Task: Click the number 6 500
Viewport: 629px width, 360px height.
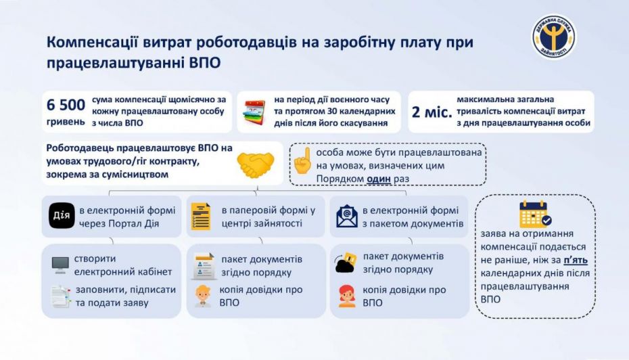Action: coord(66,105)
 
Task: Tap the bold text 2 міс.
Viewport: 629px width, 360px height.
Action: coord(431,111)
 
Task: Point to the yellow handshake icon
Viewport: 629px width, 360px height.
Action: coord(255,162)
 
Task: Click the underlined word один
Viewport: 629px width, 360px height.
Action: coord(379,178)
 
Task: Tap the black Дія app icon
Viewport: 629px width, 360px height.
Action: coord(60,216)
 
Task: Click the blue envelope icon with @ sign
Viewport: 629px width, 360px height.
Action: coord(346,216)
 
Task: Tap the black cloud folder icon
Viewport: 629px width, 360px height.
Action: coord(345,263)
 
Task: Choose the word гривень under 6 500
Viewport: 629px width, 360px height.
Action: coord(66,123)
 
